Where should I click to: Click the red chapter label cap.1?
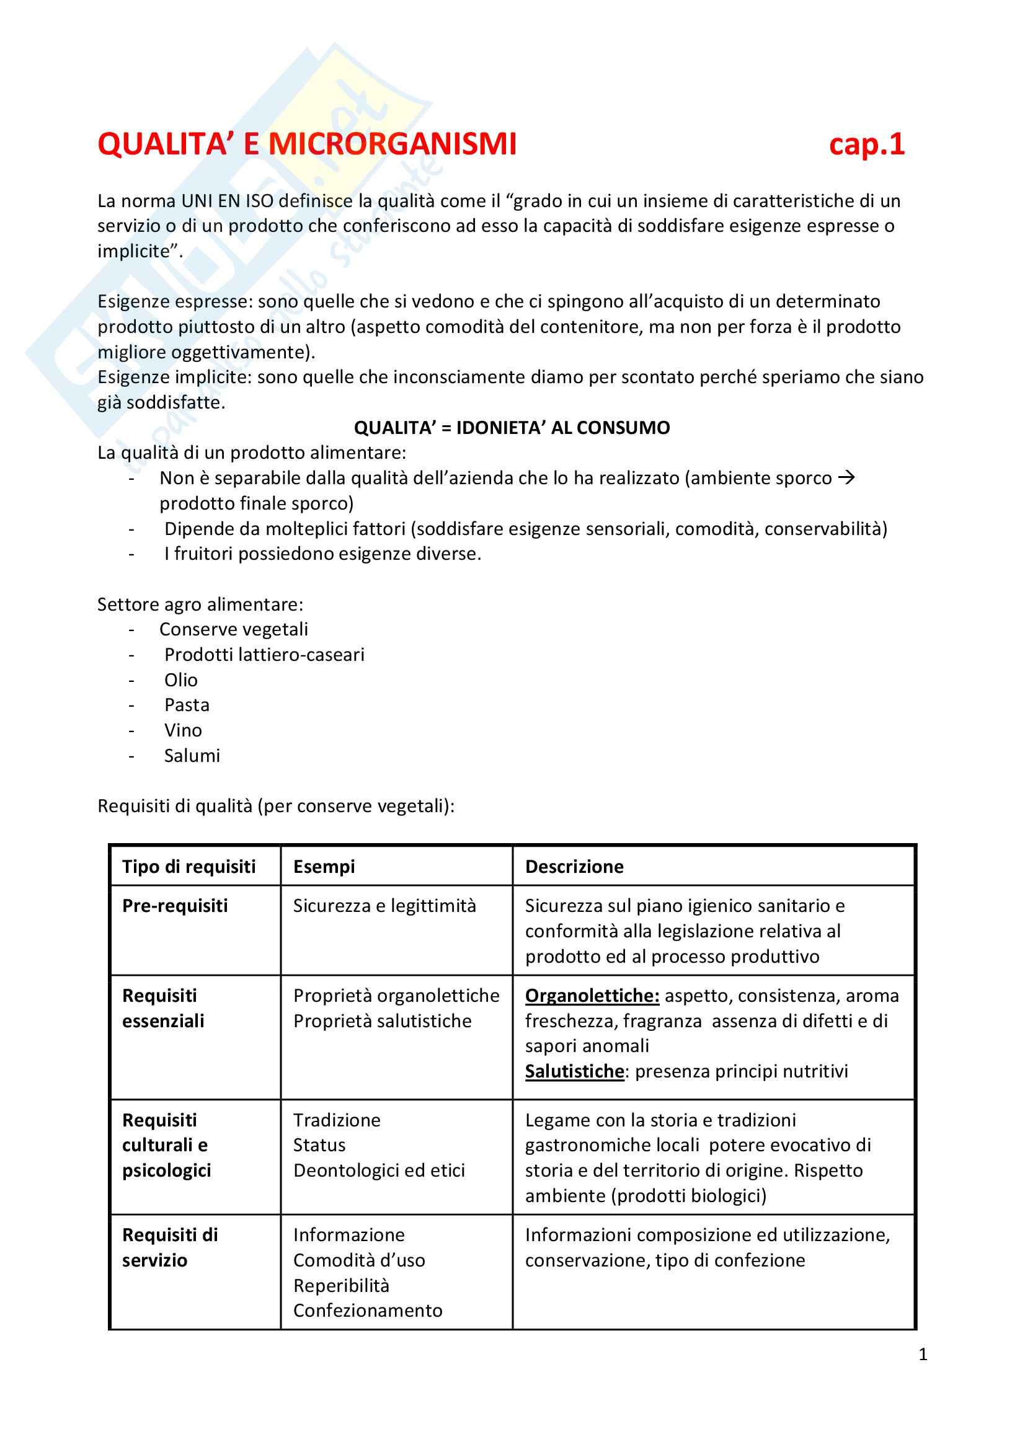[866, 144]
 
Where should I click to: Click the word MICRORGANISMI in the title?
[392, 144]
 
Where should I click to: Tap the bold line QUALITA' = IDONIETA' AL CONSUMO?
[512, 428]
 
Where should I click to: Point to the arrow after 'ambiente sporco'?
[846, 477]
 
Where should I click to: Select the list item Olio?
[180, 680]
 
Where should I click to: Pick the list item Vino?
[183, 731]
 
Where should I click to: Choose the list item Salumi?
[192, 756]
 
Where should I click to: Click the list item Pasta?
[187, 705]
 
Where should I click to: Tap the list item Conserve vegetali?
[234, 630]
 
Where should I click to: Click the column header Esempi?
[324, 867]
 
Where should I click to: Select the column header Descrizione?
[574, 867]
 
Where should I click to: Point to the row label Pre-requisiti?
[175, 906]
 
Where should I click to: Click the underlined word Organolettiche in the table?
[592, 996]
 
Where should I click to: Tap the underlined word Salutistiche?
[574, 1072]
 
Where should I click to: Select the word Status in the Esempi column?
[319, 1146]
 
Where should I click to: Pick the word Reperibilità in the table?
[341, 1286]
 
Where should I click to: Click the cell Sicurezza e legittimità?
[384, 906]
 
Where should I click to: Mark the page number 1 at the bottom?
[923, 1354]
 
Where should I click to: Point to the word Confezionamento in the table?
[368, 1311]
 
